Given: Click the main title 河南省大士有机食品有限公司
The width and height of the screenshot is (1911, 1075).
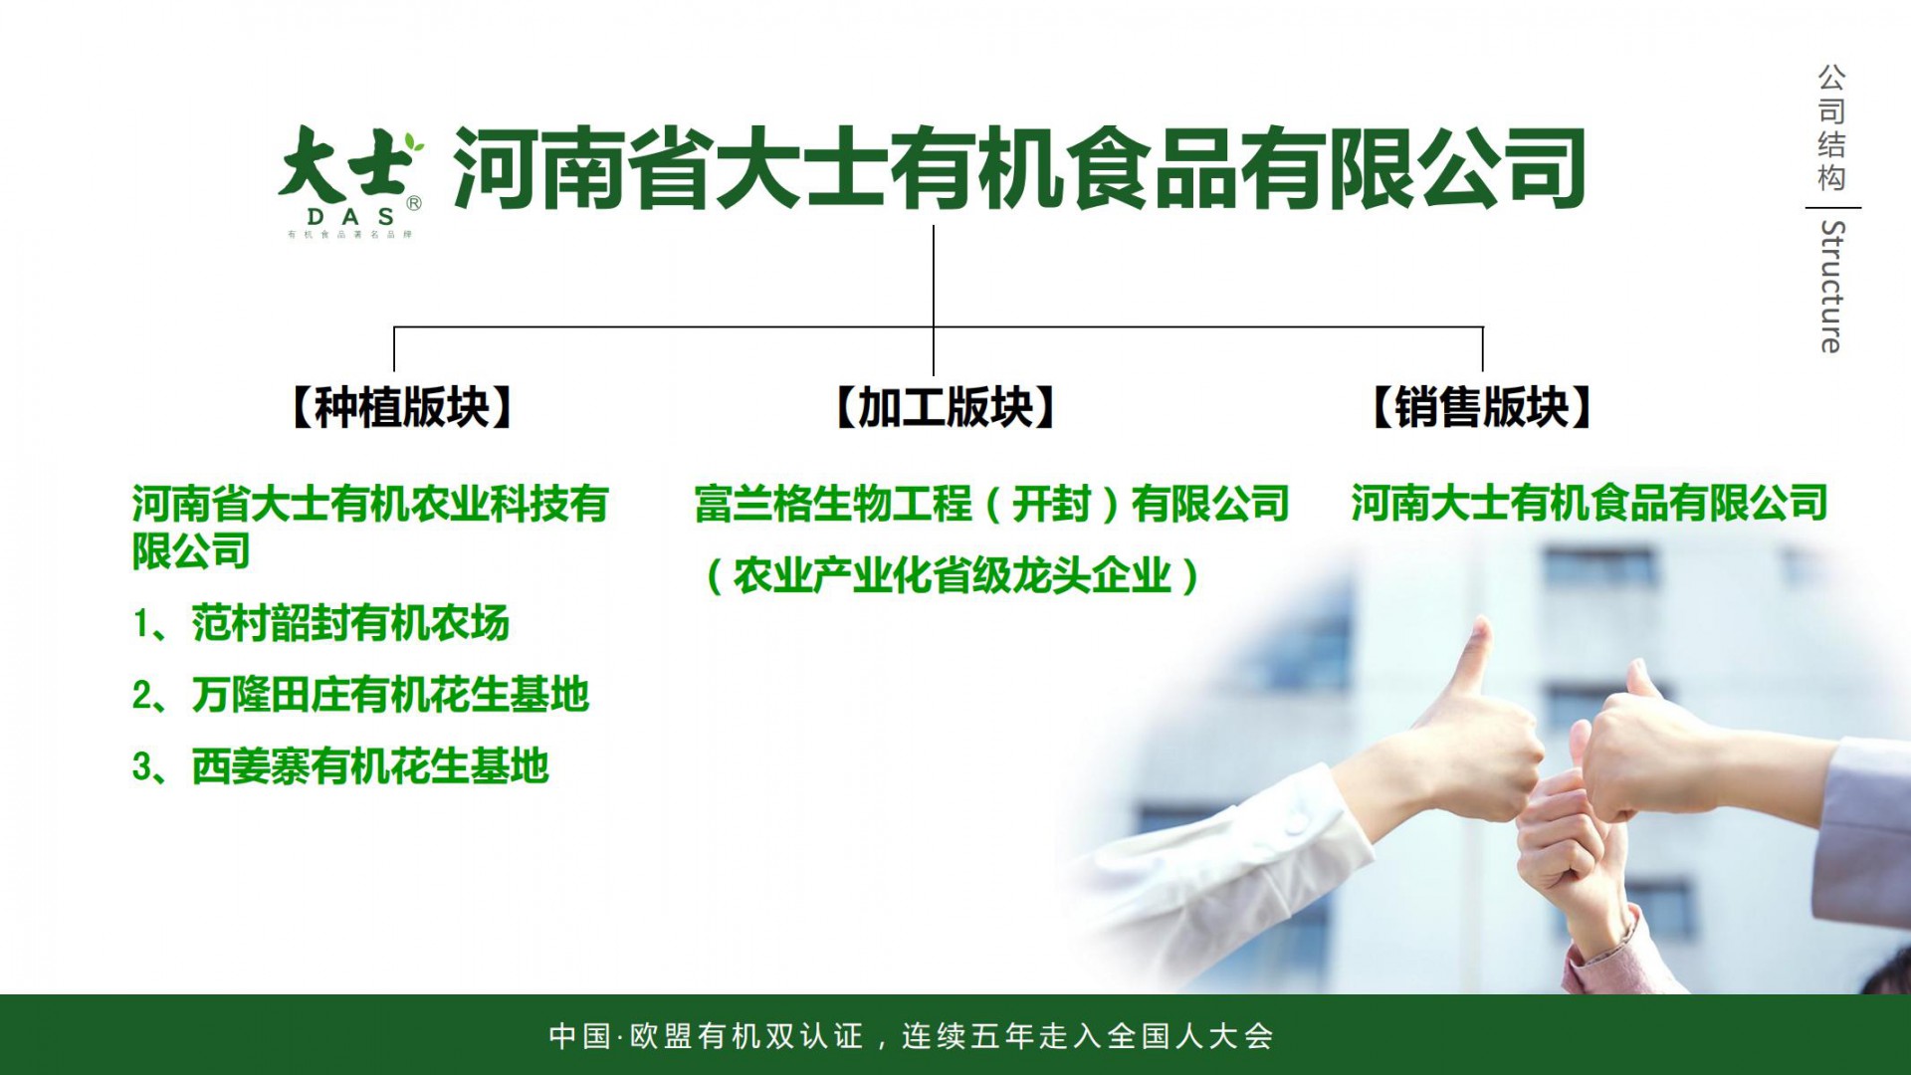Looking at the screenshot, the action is [x=1019, y=168].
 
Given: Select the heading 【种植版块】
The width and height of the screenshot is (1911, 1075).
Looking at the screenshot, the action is [x=402, y=407].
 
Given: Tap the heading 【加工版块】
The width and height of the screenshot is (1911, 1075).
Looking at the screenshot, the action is [x=946, y=407].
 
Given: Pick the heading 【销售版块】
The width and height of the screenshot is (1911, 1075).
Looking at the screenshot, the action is [x=1482, y=407].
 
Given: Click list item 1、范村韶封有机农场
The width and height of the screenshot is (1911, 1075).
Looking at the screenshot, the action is [x=320, y=623].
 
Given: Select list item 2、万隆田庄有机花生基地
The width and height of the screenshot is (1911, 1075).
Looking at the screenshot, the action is [x=360, y=695].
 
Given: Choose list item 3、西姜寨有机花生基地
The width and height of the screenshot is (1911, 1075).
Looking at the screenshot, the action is [x=340, y=766].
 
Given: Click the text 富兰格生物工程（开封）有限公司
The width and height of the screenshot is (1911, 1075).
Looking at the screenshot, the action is [x=992, y=504].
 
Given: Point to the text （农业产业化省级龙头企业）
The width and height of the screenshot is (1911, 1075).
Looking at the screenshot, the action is [x=953, y=575].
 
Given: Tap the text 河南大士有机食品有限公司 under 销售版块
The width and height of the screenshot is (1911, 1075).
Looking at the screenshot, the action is [x=1590, y=503].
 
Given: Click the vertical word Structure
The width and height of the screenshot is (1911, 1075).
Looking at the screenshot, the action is [x=1831, y=287].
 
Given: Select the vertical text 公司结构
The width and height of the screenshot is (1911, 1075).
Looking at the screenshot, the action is [x=1831, y=127].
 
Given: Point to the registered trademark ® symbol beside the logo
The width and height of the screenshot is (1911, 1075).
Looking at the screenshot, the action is [x=414, y=203].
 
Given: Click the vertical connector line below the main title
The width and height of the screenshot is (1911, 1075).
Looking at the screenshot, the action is [x=934, y=300].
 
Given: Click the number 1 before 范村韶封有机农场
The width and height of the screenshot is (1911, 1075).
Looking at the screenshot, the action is [x=141, y=624].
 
